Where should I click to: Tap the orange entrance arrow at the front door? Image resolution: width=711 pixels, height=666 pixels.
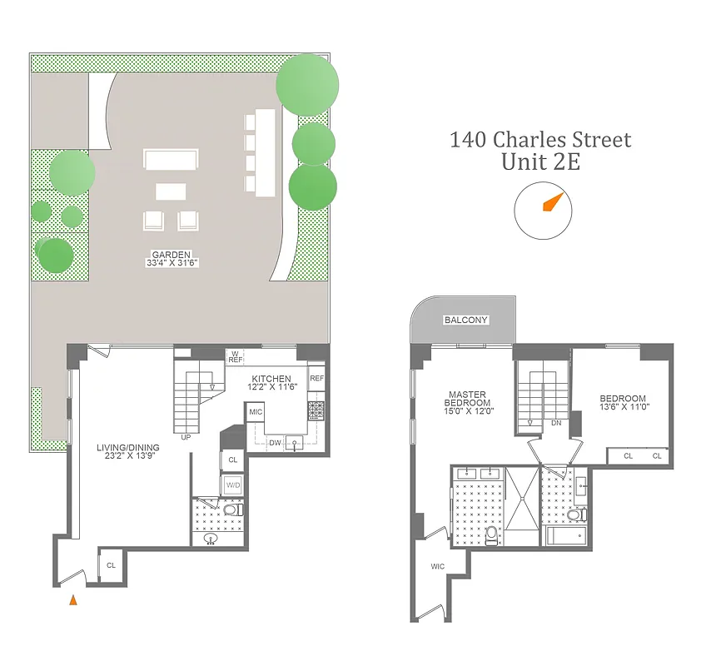click(74, 599)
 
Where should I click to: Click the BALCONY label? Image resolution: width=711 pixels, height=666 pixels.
click(465, 321)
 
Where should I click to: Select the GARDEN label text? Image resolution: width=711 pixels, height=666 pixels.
click(171, 255)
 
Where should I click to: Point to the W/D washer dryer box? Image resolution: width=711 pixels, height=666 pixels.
click(232, 485)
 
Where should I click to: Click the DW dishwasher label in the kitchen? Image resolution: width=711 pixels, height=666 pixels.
click(275, 442)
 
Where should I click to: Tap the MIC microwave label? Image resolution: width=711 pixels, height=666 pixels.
click(256, 412)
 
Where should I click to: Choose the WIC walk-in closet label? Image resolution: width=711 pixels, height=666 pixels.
click(438, 567)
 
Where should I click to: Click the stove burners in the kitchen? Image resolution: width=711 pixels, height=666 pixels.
click(316, 410)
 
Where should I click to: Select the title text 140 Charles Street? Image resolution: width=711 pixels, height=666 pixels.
click(540, 139)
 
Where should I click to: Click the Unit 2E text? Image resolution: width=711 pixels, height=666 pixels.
click(540, 162)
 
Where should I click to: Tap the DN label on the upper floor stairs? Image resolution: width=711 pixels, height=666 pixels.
click(556, 423)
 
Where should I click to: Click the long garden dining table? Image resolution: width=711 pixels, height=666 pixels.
click(265, 152)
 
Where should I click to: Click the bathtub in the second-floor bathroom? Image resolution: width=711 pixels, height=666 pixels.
click(567, 534)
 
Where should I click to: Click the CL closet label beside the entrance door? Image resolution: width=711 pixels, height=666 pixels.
click(110, 565)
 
